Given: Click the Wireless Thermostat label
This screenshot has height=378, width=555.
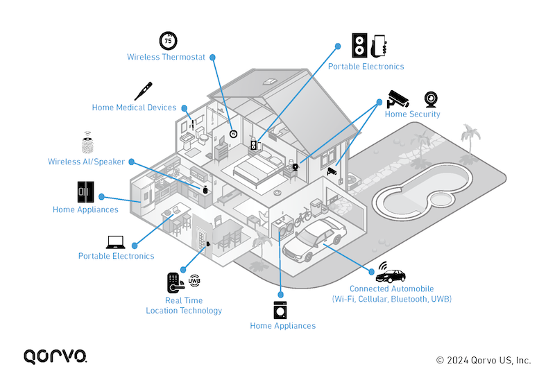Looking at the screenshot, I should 166,57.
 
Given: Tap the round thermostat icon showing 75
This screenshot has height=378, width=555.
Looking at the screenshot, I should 168,40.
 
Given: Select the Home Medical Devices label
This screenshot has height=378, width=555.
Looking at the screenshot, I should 134,108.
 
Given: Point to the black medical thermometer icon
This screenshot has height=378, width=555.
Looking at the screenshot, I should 143,91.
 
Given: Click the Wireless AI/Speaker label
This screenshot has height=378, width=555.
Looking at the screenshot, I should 86,162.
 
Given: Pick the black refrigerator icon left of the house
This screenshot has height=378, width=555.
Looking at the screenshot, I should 85,191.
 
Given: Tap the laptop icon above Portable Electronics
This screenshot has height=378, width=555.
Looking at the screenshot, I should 114,242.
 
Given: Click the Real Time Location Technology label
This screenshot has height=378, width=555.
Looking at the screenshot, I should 183,305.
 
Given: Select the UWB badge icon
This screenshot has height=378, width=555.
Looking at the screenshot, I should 194,280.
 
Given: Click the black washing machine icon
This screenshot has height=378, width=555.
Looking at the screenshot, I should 281,309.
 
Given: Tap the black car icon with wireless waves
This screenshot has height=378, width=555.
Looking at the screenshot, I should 391,273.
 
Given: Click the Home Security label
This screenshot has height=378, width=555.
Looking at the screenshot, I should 412,114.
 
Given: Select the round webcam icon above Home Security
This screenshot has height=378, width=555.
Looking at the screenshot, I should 431,98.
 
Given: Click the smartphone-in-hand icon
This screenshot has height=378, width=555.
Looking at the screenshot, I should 379,46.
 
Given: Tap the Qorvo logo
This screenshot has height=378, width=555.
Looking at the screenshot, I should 55,356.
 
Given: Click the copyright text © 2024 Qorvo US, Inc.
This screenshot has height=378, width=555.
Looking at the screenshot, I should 483,360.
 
